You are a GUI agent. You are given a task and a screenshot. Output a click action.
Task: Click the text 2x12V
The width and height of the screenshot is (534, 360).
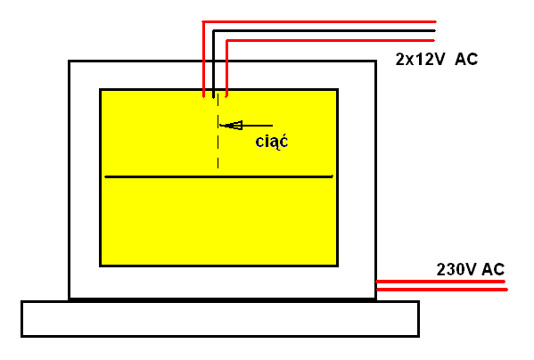[420, 59]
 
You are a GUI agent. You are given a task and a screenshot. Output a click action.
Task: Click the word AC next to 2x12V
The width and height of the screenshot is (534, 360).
[466, 59]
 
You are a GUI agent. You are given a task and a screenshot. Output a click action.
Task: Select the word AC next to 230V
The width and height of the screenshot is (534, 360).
[493, 269]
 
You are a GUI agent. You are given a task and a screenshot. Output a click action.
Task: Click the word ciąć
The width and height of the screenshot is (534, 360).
[271, 142]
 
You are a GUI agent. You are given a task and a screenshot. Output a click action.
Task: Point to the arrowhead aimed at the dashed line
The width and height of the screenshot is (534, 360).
[232, 126]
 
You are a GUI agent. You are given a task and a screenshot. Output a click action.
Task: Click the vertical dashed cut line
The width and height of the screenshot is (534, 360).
[218, 131]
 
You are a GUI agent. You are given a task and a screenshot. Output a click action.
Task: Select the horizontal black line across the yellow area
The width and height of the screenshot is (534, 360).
[219, 176]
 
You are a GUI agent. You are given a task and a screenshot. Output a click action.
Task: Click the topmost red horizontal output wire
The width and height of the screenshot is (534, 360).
[319, 21]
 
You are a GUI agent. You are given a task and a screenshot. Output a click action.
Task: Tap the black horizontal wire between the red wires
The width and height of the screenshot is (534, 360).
[325, 31]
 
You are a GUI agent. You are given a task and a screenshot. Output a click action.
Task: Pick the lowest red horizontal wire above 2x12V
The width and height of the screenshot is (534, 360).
[331, 40]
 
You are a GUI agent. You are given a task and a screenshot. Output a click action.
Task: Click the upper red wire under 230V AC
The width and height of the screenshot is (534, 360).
[440, 282]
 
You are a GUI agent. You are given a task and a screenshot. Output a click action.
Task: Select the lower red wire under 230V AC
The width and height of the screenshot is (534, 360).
[441, 290]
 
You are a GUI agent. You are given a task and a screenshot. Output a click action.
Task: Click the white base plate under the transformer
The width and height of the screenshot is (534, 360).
[220, 319]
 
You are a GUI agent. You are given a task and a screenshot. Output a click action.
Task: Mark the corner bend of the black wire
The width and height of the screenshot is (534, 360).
[214, 31]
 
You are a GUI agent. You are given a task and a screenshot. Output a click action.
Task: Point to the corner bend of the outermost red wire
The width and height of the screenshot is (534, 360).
[203, 21]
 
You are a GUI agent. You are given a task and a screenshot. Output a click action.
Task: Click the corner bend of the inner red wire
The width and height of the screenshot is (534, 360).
[226, 41]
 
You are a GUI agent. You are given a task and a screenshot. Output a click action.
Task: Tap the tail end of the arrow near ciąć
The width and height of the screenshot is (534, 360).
[273, 126]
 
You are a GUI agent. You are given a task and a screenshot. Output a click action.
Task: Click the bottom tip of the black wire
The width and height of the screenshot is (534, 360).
[214, 98]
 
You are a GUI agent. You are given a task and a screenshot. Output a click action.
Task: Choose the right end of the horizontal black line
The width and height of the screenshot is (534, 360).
[333, 176]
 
